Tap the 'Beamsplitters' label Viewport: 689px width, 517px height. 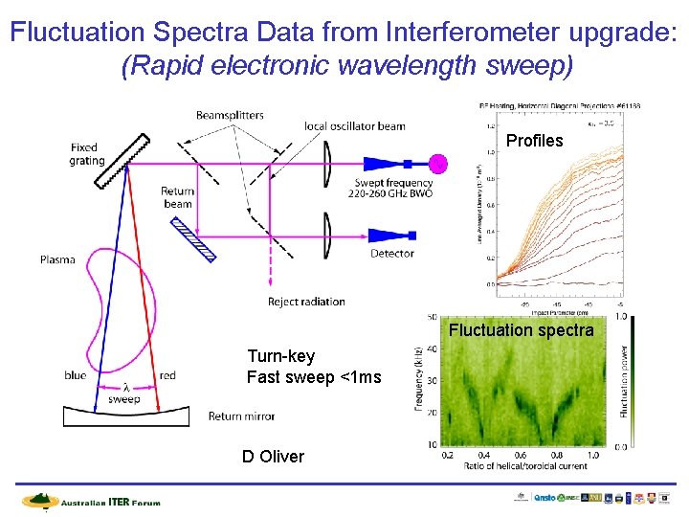pos(230,115)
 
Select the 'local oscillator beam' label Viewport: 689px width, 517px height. pos(354,125)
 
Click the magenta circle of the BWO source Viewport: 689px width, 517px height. pos(438,162)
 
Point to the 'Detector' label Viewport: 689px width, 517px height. pos(392,254)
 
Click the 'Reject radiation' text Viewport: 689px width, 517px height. pos(306,303)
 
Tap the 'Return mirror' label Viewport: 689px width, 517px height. pos(241,416)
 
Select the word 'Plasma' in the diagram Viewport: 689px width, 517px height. pos(57,260)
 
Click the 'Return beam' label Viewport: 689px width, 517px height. pos(177,197)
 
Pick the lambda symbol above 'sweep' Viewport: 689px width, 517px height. pos(126,386)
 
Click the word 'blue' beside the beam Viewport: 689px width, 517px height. pos(76,375)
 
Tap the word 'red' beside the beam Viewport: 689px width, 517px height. pos(167,375)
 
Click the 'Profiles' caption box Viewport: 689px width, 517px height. pos(534,141)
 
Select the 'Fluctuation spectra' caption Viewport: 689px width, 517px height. pos(522,330)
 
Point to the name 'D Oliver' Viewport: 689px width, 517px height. pos(273,457)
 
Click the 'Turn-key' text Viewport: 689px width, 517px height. pos(280,356)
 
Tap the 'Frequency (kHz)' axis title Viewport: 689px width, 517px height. pos(419,380)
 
